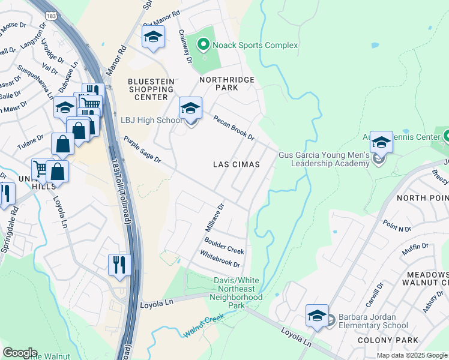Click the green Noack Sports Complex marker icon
(203, 44)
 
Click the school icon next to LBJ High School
(190, 109)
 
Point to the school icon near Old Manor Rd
(153, 37)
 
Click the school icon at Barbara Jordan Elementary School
(317, 316)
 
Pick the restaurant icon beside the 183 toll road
(119, 265)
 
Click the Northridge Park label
(227, 83)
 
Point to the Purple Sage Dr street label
(142, 150)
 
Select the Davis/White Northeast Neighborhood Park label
(238, 293)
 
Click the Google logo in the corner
(19, 353)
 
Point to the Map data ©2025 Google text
(411, 355)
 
